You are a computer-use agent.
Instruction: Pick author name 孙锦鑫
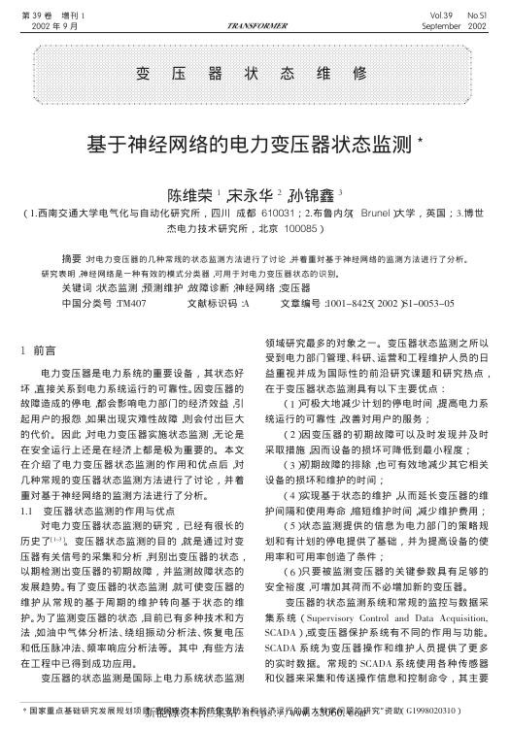click(x=313, y=194)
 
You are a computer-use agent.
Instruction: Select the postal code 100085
click(x=296, y=230)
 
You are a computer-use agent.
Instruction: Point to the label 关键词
click(x=77, y=288)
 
